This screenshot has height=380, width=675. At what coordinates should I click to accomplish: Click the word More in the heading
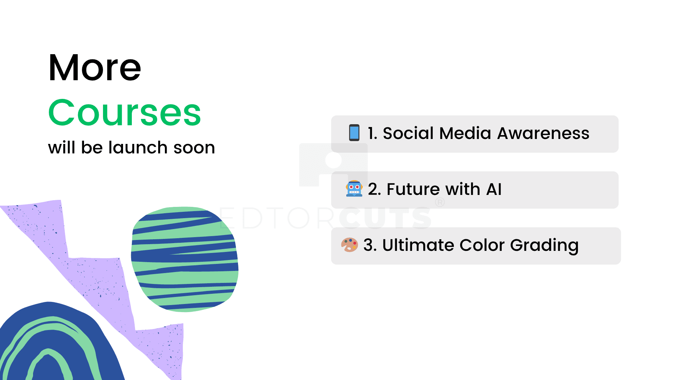coord(95,68)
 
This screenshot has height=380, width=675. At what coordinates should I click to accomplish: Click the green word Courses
coord(125,113)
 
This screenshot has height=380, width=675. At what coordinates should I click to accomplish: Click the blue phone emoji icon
coord(354,133)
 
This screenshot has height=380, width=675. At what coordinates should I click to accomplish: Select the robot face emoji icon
coord(354,189)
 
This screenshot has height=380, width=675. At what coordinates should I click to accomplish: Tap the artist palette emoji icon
coord(349,245)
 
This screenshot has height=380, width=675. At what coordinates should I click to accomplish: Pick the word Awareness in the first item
coord(543,133)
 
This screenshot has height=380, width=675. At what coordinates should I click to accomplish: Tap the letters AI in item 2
coord(494,189)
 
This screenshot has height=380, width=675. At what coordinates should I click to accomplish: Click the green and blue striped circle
coord(185,259)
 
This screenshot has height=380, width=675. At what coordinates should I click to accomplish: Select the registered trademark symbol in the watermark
coord(440,202)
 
